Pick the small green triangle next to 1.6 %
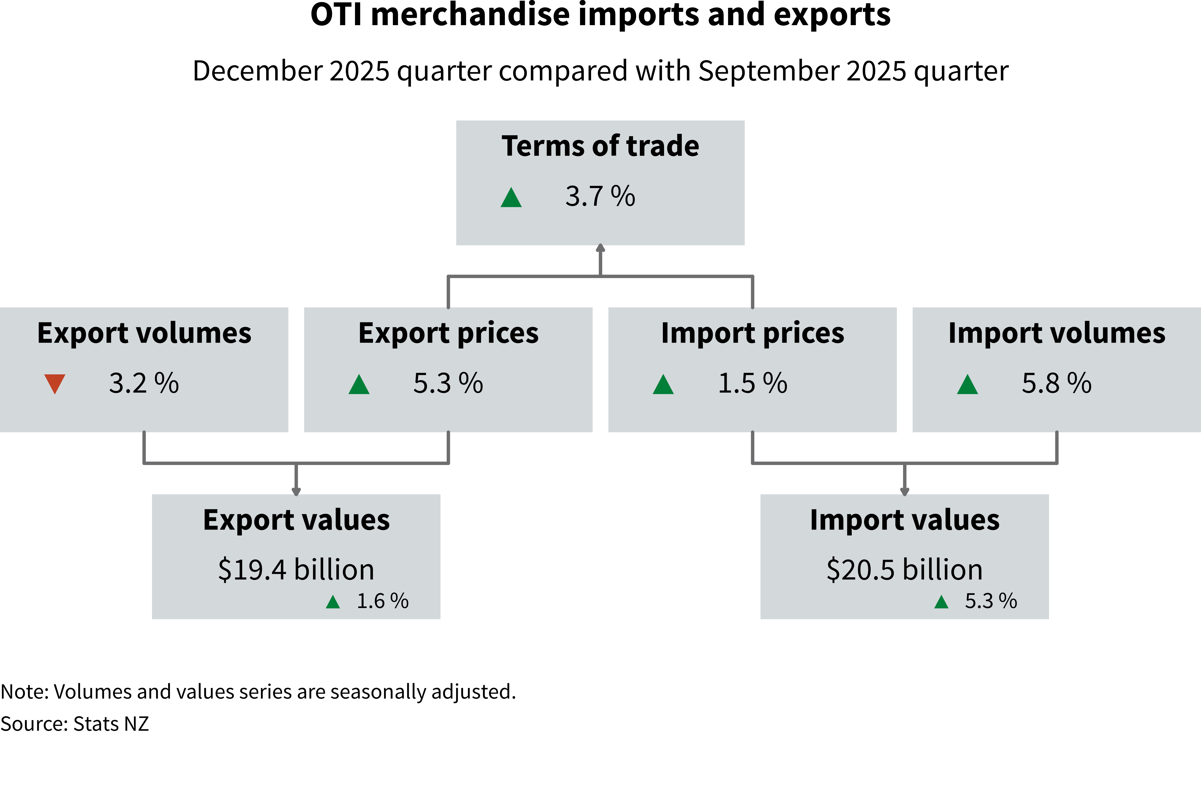(333, 602)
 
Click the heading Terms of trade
(600, 146)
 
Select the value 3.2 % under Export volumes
(144, 384)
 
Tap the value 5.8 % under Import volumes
(1056, 384)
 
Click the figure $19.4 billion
(296, 570)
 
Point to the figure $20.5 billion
(904, 570)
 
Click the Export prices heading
(448, 333)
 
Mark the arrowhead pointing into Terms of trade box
(600, 248)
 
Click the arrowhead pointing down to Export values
(296, 491)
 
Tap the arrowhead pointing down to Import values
(904, 491)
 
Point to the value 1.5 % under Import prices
(752, 384)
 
